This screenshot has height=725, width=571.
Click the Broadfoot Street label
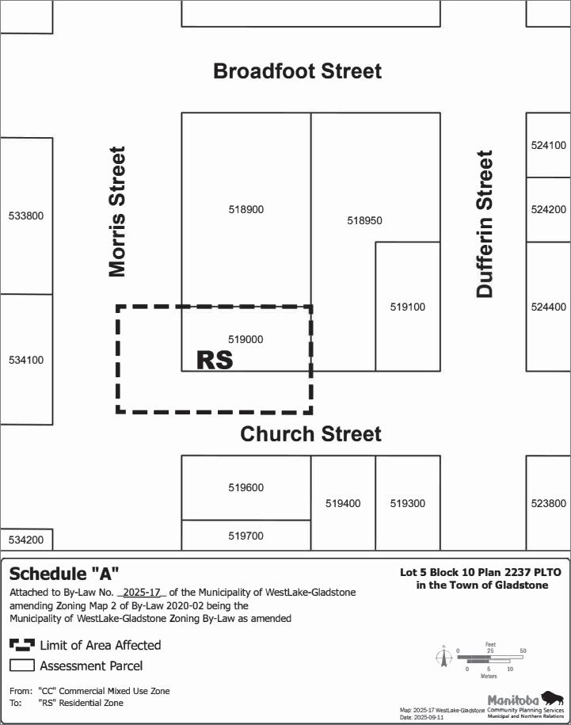tap(297, 71)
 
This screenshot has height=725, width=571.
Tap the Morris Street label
tap(117, 212)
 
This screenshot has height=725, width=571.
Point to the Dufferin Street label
tap(485, 224)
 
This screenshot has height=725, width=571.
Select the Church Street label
tap(310, 434)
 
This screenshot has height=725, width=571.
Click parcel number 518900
tap(246, 210)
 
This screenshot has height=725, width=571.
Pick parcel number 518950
tap(364, 221)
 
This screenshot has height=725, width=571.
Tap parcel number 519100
tap(407, 307)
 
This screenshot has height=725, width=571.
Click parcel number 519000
tap(246, 339)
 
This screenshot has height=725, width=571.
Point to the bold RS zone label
tap(215, 361)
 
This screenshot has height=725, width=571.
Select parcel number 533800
tap(25, 216)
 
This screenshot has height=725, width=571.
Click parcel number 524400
tap(549, 307)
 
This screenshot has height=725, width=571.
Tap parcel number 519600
tap(246, 488)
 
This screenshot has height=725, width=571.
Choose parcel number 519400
tap(343, 503)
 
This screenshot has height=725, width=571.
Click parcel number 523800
tap(549, 503)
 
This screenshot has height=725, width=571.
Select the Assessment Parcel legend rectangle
tap(21, 666)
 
